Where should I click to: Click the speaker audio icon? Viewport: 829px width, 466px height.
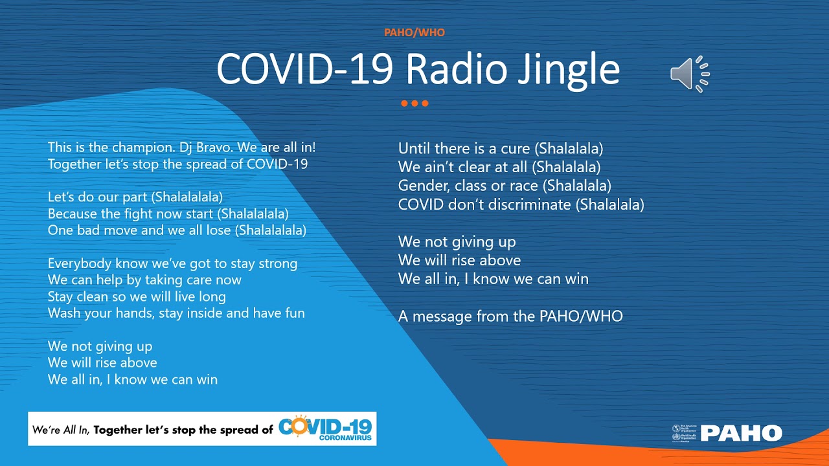[x=690, y=74]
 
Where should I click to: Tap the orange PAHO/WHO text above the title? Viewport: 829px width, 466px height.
[x=414, y=32]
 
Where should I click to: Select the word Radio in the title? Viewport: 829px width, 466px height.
[x=457, y=69]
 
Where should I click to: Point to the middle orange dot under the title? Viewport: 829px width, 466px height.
[x=414, y=103]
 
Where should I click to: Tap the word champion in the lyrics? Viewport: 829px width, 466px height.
[x=143, y=148]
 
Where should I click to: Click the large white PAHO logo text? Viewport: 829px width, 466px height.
[x=742, y=433]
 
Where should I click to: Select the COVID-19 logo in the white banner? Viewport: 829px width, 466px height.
[x=325, y=428]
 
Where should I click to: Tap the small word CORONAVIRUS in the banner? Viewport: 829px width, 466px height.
[x=345, y=438]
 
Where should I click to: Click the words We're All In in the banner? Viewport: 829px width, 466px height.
[x=61, y=430]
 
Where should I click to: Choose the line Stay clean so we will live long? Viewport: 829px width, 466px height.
[x=137, y=297]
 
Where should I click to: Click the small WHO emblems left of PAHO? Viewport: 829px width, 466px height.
[x=683, y=434]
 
